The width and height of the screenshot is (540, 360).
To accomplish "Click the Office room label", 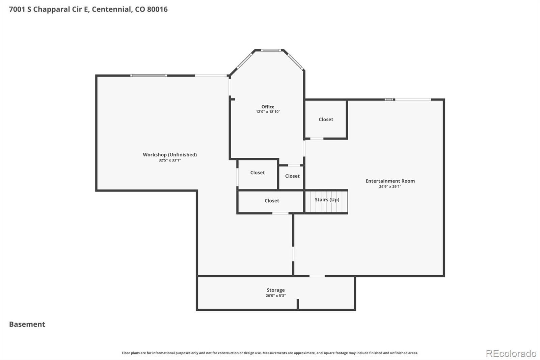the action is coord(268,107).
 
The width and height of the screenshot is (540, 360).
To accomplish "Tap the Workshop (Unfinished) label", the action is coord(170,155).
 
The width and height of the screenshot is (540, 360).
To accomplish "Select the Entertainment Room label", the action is coord(390,181).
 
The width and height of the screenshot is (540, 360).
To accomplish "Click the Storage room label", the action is coord(275,290).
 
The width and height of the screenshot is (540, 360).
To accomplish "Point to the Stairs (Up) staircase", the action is coord(326,202).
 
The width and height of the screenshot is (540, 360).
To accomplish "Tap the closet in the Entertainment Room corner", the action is coord(326,120).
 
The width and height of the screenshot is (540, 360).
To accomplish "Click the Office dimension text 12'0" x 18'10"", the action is coord(268,112).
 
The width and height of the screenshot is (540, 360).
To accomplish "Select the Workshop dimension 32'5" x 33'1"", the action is coord(170,160).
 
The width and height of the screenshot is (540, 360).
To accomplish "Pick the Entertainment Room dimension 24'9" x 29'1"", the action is coord(390,186).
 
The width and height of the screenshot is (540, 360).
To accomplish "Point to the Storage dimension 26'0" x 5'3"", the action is coord(275,295).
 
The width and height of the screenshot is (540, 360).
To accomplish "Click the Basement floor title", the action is coord(27,324).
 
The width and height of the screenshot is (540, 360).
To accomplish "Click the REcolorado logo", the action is coord(511,354).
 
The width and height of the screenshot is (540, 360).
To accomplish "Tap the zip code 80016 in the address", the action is coord(157,9).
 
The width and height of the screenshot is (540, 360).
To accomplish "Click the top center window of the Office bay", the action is coord(271,50).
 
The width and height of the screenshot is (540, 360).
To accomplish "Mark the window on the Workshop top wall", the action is coord(149,76).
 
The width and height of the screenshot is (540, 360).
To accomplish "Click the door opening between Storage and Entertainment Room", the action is coord(317,276).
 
